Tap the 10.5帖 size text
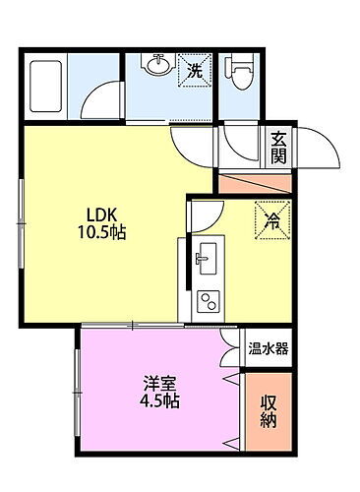[x=98, y=233]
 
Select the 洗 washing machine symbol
[x=194, y=71]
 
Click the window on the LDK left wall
[x=23, y=197]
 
